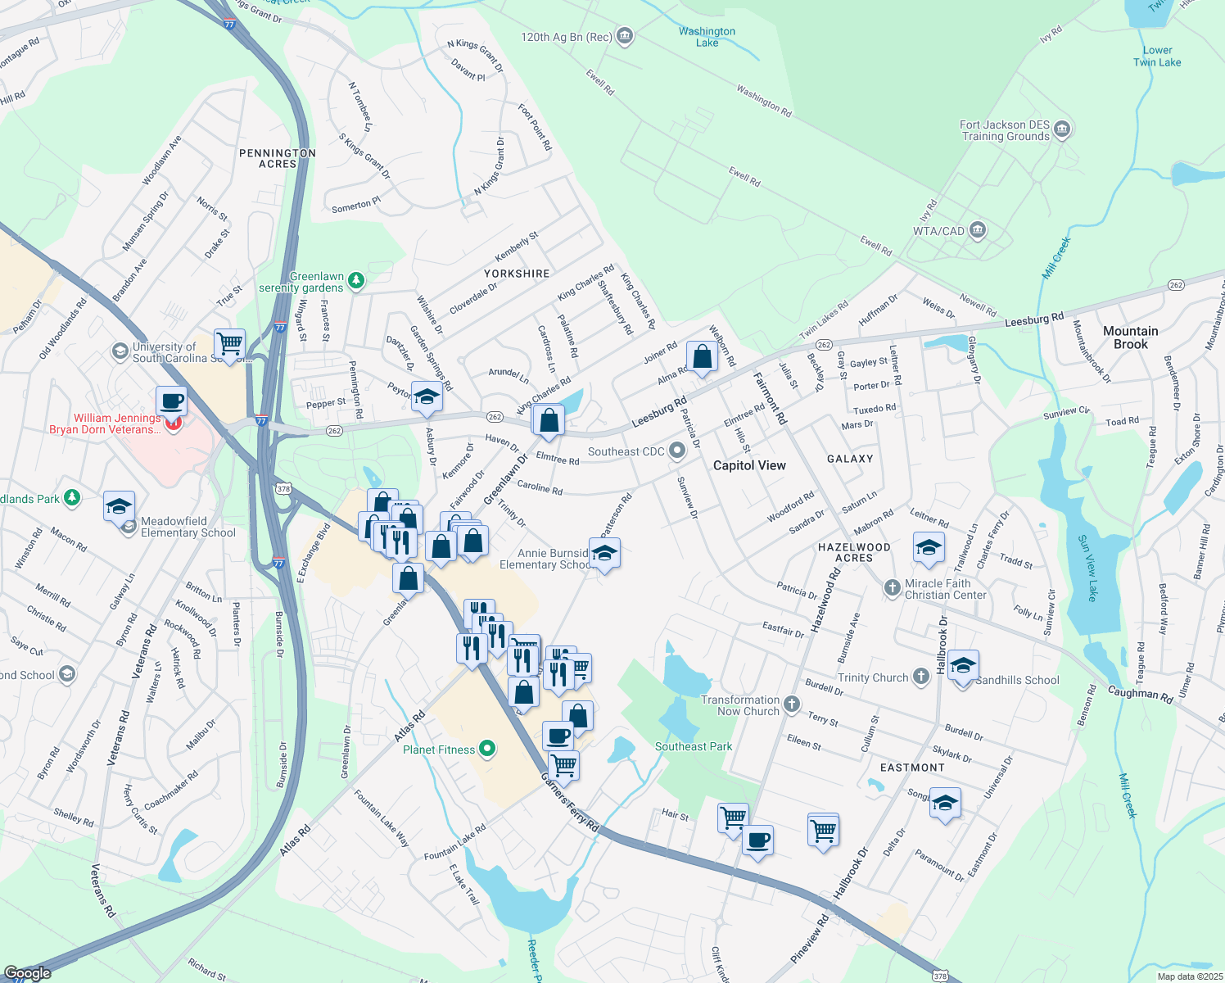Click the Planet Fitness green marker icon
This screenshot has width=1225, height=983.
coord(487,749)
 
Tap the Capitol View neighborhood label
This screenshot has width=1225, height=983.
coord(749,465)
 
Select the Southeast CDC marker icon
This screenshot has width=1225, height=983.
coord(677,451)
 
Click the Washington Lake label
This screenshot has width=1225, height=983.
coord(707,37)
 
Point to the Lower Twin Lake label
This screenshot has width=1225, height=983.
coord(1156,56)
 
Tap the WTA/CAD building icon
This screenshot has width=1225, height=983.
coord(978,230)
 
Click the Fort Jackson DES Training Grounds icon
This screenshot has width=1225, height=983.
coord(1063,129)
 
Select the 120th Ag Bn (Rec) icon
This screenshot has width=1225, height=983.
coord(625,36)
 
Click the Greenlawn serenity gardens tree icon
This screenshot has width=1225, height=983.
coord(355,281)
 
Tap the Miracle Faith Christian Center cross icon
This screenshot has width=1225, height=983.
coord(893,587)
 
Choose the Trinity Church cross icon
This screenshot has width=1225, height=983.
coord(921,677)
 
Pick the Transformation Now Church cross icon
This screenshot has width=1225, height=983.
coord(791,704)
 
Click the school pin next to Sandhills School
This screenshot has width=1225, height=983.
coord(963,666)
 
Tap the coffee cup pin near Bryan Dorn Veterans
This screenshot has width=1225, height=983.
coord(171,401)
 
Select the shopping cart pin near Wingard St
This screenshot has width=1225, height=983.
coord(230,342)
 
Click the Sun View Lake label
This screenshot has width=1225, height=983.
coord(1087,568)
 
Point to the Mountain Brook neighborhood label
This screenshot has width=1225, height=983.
coord(1130,337)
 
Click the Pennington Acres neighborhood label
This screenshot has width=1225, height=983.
coord(278,158)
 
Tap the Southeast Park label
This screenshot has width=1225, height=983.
coord(694,746)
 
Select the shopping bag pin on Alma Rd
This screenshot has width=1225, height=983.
coord(703,356)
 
